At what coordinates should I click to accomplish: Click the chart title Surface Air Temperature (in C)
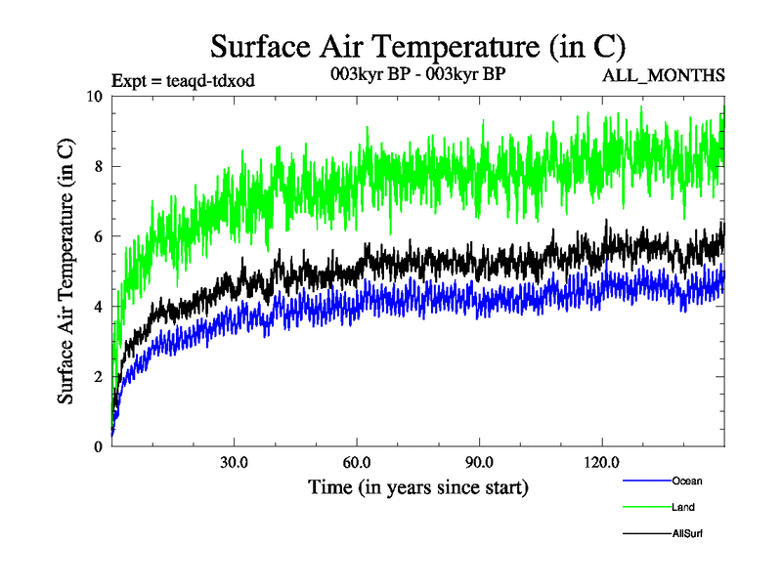point(417,46)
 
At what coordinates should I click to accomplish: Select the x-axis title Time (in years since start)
point(417,485)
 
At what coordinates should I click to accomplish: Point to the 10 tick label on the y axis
point(94,96)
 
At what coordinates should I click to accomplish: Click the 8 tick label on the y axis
point(98,166)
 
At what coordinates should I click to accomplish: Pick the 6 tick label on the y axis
point(98,236)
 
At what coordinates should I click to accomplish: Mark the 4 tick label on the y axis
point(98,307)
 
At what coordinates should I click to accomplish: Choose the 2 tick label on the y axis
point(98,377)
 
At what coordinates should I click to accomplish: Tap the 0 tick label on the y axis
point(98,447)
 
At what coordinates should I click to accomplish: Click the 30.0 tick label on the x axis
point(234,463)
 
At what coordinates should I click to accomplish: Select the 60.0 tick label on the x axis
point(357,463)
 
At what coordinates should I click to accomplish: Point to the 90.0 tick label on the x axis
point(479,463)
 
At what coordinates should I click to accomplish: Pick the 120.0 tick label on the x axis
point(601,463)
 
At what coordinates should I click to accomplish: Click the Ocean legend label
point(686,481)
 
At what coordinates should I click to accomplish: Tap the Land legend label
point(683,507)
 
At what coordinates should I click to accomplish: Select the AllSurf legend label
point(687,533)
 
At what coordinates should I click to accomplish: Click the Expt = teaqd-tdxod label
point(184,81)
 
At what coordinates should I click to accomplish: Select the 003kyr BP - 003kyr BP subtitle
point(417,73)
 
